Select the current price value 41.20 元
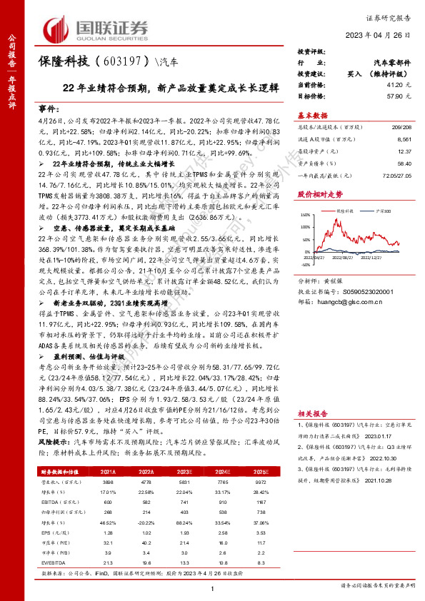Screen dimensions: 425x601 402,84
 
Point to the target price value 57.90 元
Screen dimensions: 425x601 402,94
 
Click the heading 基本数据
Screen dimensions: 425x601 312,115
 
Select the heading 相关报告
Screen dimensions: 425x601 312,413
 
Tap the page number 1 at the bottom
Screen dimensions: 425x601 212,587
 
